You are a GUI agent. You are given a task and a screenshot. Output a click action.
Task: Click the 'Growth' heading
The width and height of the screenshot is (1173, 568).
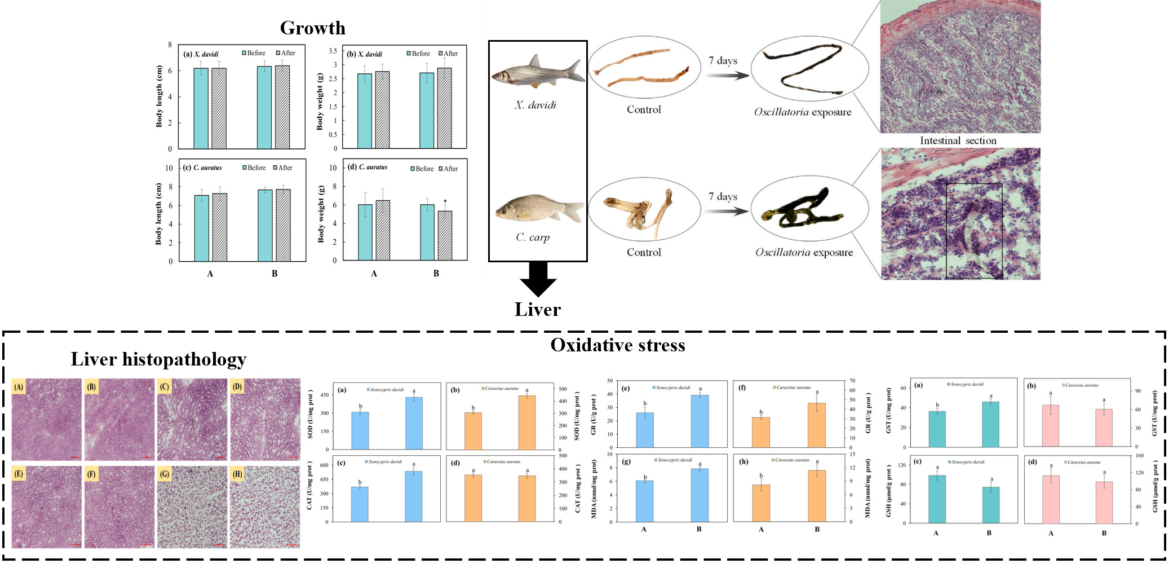[x=312, y=28]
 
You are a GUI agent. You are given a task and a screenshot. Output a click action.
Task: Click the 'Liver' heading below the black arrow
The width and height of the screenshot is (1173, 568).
[x=537, y=310]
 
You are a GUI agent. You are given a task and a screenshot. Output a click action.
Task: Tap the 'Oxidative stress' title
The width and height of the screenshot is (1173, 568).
[x=617, y=345]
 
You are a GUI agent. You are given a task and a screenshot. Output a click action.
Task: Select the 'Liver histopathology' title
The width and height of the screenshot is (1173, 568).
[x=158, y=359]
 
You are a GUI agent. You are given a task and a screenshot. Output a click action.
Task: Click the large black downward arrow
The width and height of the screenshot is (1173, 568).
[x=538, y=279]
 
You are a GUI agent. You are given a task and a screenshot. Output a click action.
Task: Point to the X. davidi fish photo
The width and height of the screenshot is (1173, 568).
[x=537, y=73]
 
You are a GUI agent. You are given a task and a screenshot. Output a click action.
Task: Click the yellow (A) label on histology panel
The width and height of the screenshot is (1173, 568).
[x=19, y=387]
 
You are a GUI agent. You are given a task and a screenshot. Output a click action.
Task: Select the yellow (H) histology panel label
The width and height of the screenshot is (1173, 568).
[x=237, y=474]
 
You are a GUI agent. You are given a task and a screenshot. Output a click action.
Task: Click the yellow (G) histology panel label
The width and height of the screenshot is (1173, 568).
[x=165, y=474]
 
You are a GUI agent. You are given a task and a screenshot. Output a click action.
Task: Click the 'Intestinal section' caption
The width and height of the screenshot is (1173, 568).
[x=958, y=140]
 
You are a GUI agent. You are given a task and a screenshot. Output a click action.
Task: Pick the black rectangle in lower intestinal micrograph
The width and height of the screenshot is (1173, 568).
[x=973, y=231]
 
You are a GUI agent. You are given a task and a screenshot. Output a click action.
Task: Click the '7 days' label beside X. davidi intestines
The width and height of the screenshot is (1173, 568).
[x=723, y=60]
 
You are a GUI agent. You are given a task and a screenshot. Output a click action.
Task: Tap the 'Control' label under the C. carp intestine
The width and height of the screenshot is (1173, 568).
[x=643, y=253]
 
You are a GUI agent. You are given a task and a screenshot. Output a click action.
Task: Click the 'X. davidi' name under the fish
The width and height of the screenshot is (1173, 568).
[x=535, y=105]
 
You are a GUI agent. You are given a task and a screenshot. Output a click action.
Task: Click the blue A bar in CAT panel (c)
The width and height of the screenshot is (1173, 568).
[x=360, y=504]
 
